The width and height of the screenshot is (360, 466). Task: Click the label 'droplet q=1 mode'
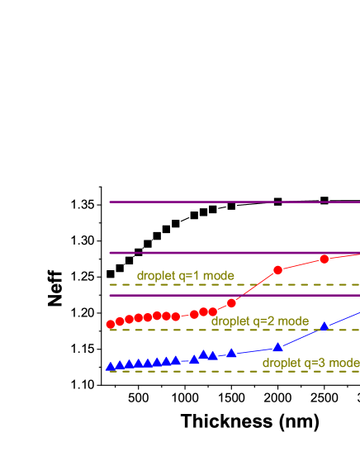[185, 276]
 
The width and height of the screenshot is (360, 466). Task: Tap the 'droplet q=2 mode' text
[259, 321]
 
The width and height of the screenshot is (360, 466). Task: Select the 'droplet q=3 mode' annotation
[310, 363]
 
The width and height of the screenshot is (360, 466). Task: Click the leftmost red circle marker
[111, 324]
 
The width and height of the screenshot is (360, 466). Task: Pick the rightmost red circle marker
[324, 259]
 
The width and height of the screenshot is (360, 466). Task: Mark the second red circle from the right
[277, 270]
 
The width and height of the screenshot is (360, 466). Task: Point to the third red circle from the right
[231, 302]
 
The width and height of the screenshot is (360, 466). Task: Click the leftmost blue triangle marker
[110, 366]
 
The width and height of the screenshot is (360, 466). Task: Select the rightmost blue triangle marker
[324, 326]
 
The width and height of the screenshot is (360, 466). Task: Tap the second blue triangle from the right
[277, 347]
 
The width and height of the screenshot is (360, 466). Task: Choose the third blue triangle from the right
[231, 354]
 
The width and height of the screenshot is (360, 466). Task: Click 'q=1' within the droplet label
[191, 276]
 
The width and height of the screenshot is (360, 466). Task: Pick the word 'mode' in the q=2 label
[293, 321]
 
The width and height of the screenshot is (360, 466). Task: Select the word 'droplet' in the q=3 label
[281, 363]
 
